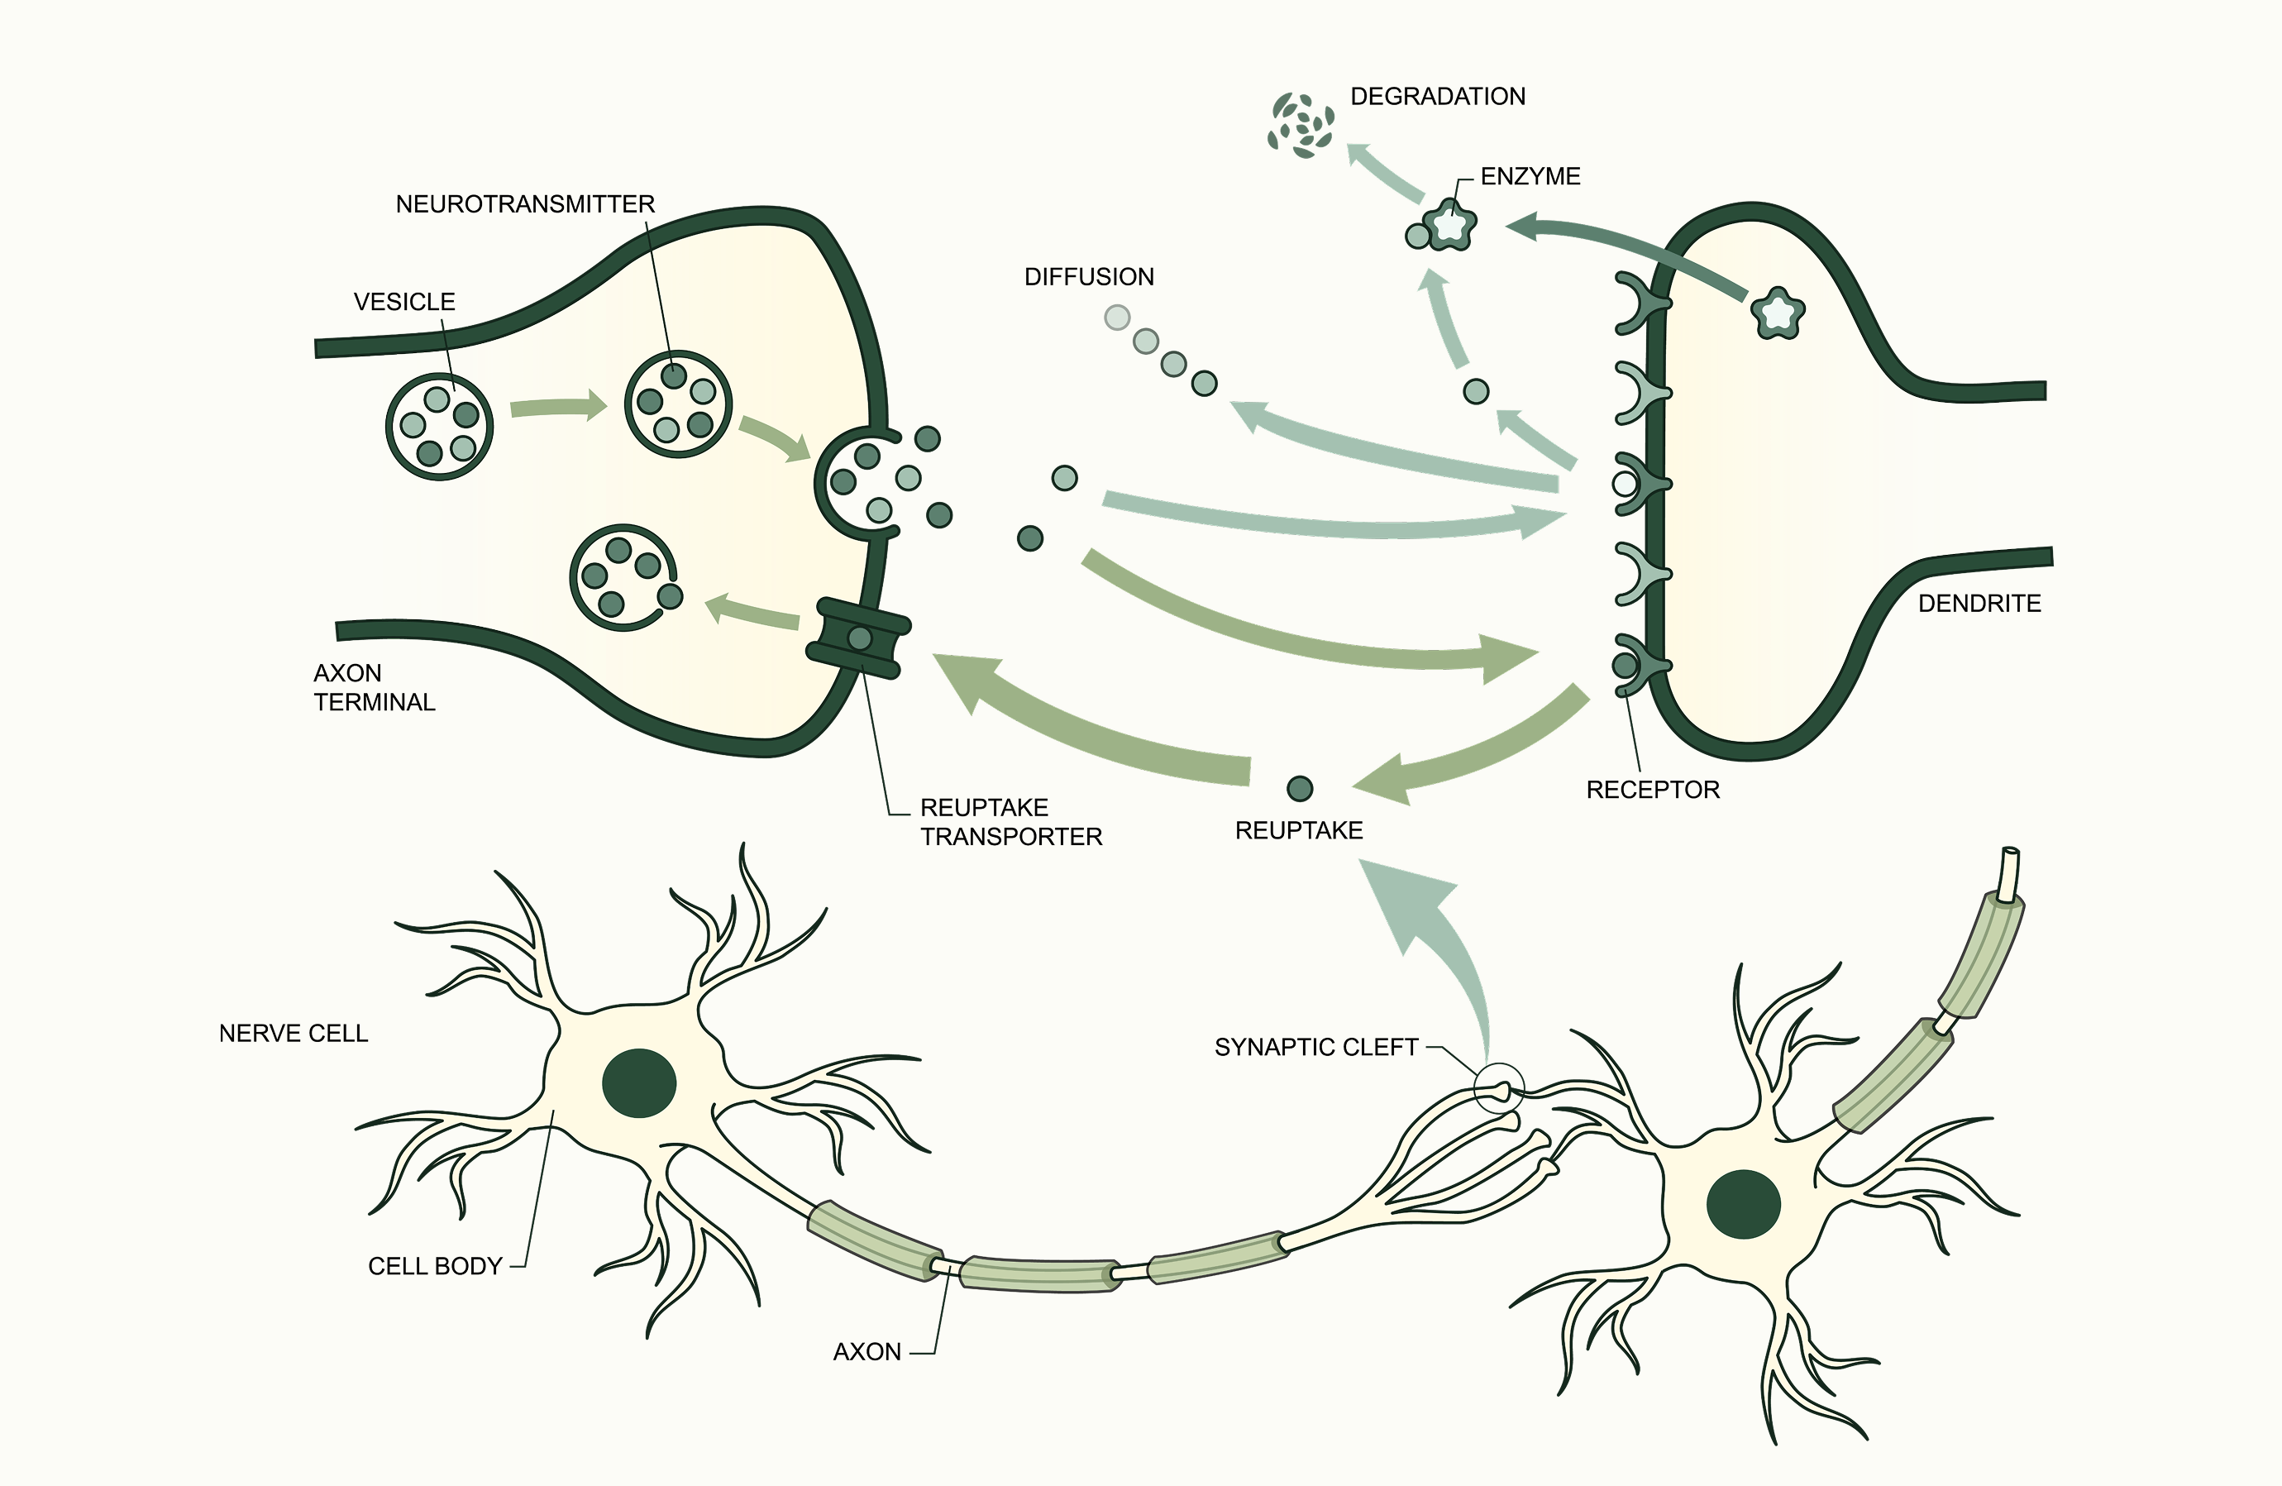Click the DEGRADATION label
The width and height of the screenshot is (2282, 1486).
tap(1437, 97)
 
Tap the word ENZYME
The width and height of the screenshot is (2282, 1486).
tap(1530, 176)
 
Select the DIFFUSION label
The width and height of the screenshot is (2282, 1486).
tap(1089, 277)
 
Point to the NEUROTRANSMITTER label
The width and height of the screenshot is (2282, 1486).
tap(525, 204)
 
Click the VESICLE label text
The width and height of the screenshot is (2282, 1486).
tap(403, 302)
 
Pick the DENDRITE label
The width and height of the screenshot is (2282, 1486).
tap(1979, 604)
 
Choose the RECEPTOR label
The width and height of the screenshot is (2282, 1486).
tap(1653, 790)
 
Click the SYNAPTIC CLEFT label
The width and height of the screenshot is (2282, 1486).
tap(1315, 1048)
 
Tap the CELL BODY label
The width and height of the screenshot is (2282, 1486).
tap(435, 1267)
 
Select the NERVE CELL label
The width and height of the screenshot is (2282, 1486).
tap(294, 1034)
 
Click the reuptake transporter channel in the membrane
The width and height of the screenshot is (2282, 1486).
tap(859, 638)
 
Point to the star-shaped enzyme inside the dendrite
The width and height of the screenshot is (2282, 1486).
tap(1778, 313)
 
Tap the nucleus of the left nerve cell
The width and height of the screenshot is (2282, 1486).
tap(639, 1083)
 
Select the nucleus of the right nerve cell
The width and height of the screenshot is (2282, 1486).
tap(1744, 1204)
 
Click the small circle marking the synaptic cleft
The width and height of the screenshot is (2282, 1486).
tap(1497, 1089)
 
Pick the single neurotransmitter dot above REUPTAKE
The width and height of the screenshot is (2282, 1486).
tap(1299, 789)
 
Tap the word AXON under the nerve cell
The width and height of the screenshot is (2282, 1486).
tap(866, 1352)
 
